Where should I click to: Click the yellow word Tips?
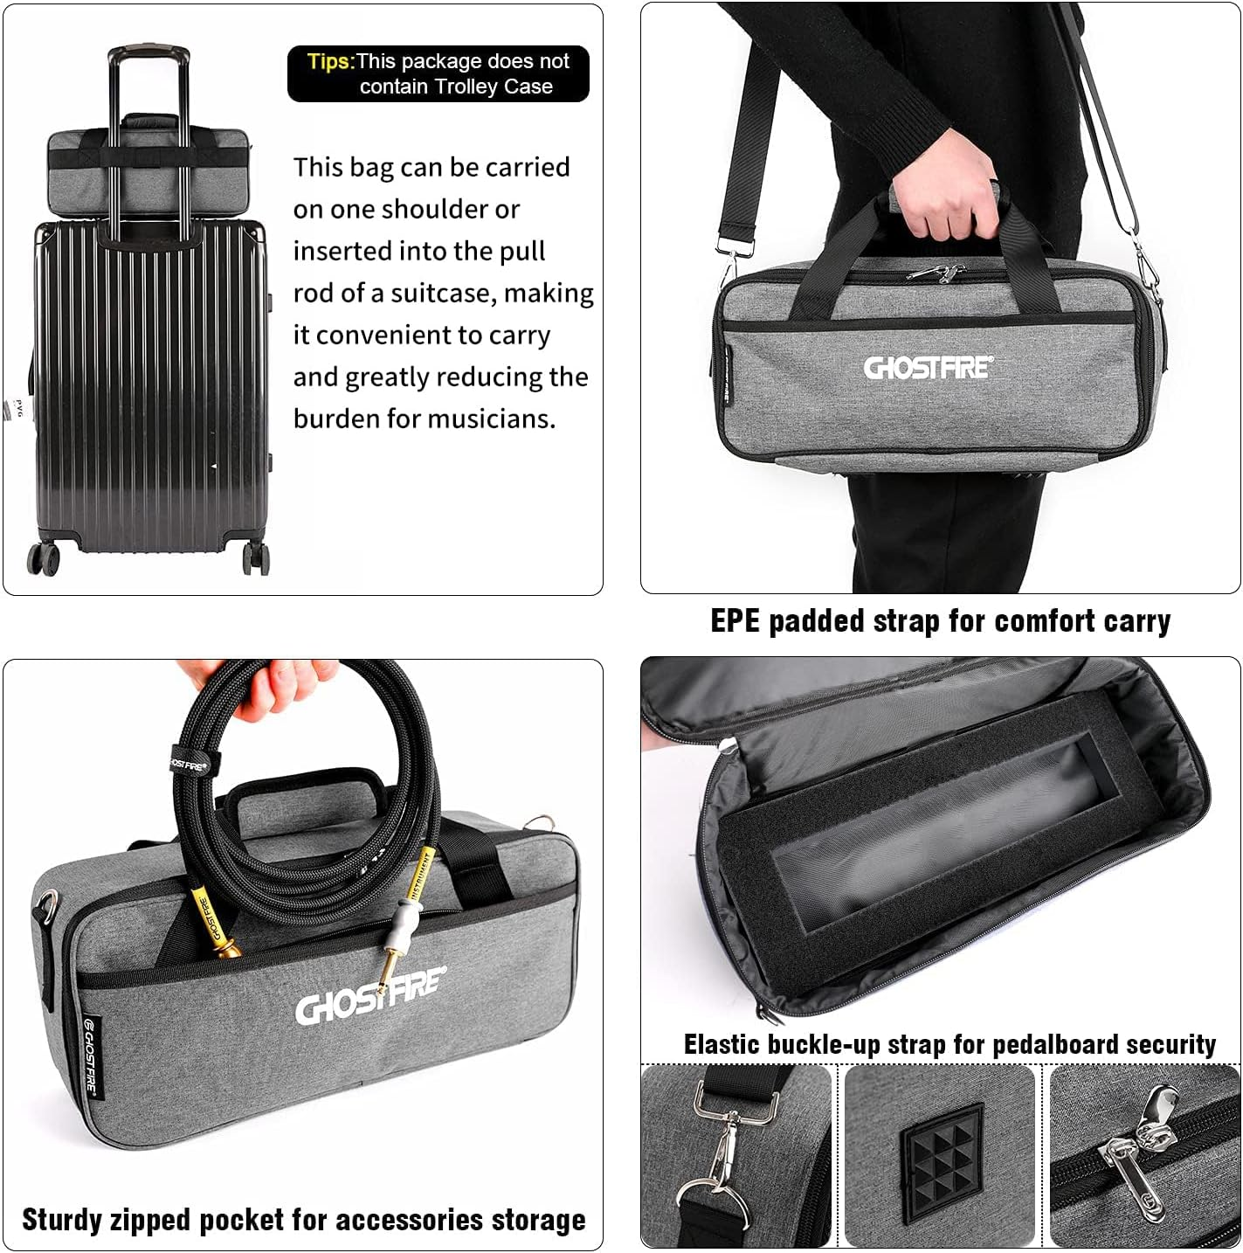coord(330,62)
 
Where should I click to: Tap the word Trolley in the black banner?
coord(463,87)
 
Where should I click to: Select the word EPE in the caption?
coord(735,621)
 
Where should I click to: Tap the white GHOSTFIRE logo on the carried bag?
coord(927,367)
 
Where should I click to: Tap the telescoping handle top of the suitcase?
coord(148,54)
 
